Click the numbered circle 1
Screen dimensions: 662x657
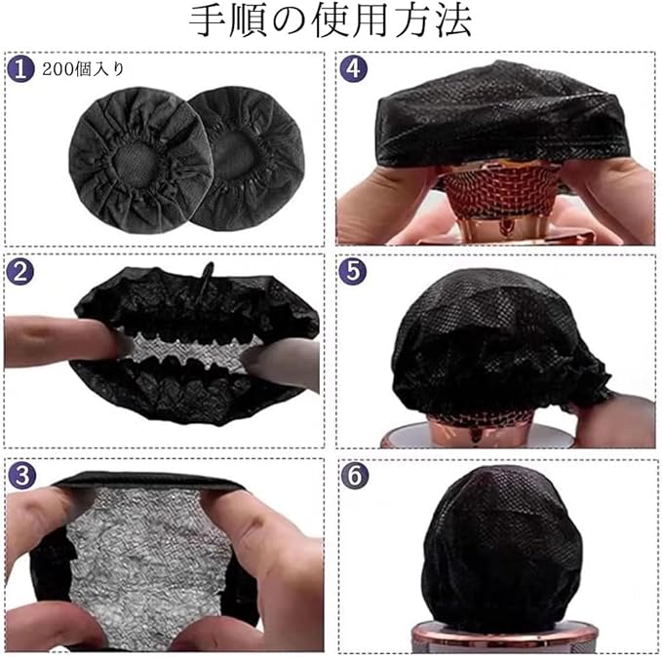click(x=20, y=69)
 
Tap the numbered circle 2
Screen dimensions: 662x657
click(x=20, y=272)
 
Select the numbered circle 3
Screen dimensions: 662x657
click(x=21, y=475)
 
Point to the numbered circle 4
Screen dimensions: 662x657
click(x=353, y=69)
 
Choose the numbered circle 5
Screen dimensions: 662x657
click(x=353, y=271)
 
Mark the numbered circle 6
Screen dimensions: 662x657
click(x=355, y=475)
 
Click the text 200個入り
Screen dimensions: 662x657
click(x=83, y=69)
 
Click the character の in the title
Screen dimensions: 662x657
click(x=289, y=21)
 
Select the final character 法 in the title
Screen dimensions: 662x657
click(x=453, y=21)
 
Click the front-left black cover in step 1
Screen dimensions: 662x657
click(x=141, y=160)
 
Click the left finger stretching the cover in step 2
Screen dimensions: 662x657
click(x=63, y=342)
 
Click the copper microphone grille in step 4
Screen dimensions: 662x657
click(x=501, y=191)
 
